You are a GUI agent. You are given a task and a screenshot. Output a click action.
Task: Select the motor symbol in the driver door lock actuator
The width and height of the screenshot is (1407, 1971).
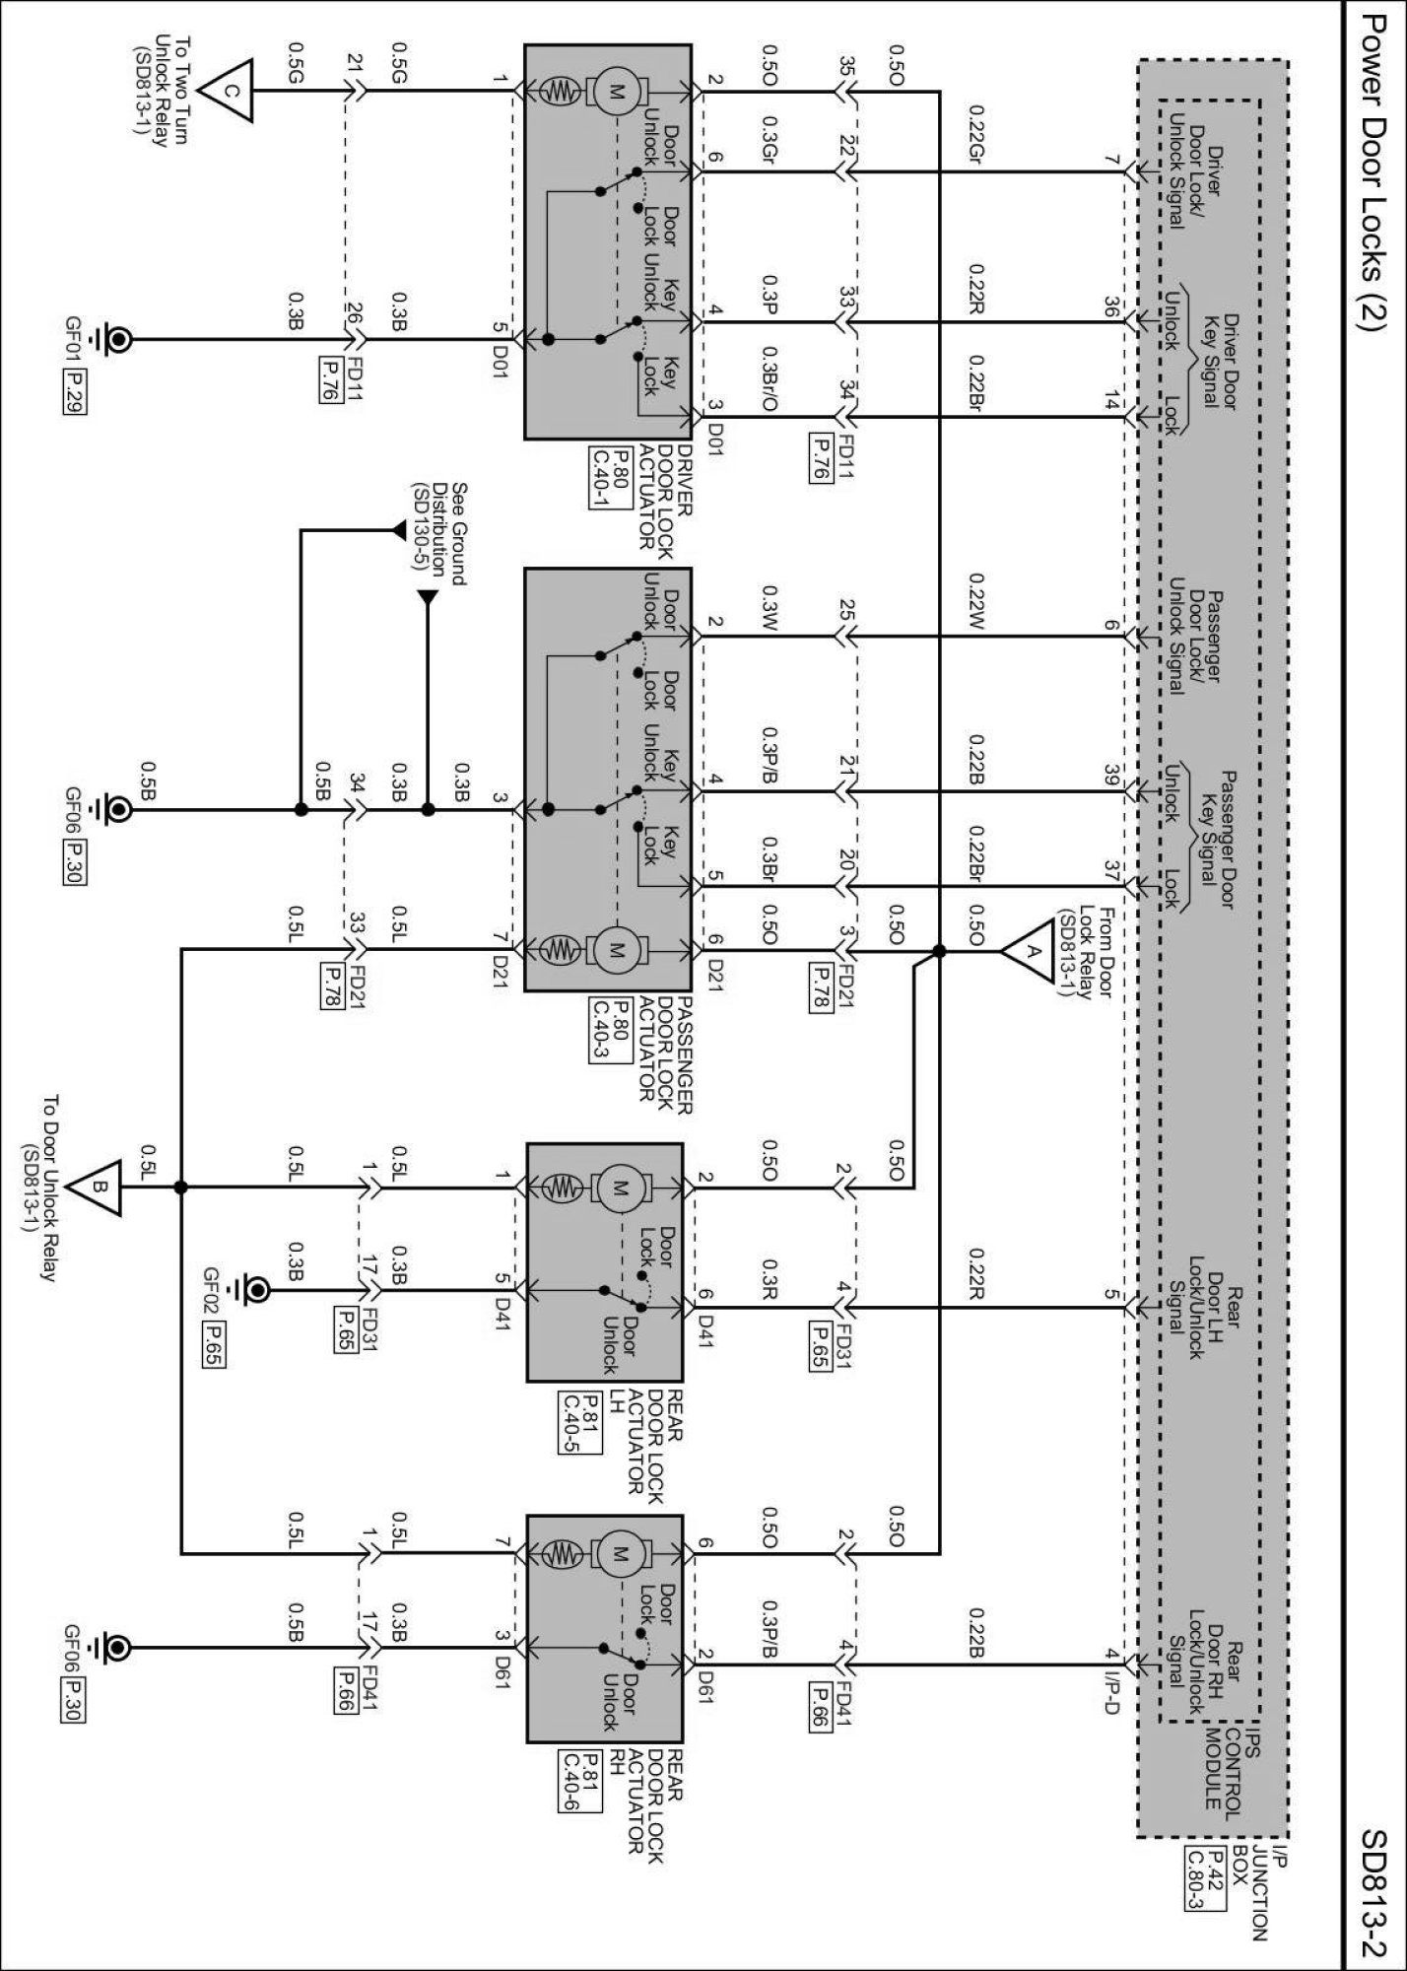[x=616, y=92]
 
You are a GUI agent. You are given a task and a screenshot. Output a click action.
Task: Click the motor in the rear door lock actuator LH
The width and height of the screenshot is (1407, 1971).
[x=620, y=1188]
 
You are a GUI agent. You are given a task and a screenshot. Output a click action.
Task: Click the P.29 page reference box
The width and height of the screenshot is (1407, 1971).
[x=72, y=391]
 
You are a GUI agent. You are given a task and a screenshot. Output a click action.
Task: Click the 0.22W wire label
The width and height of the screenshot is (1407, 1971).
[x=976, y=598]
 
